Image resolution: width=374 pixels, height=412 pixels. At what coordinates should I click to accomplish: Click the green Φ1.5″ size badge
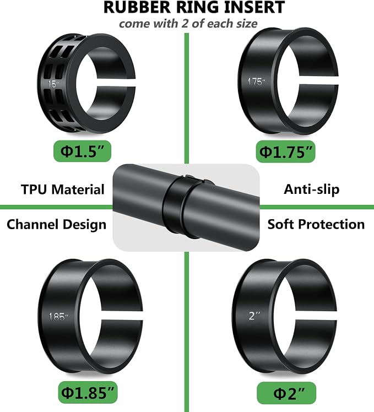point(82,151)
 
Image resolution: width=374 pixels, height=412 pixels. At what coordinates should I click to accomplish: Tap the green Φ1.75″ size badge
point(285,151)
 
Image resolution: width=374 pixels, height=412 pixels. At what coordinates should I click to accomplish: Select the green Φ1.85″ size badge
point(88,392)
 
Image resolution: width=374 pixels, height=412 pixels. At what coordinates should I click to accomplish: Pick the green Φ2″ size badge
point(286,393)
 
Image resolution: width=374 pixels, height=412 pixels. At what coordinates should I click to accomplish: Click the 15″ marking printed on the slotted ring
point(53,84)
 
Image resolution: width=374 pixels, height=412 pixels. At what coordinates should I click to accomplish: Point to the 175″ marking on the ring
point(256,82)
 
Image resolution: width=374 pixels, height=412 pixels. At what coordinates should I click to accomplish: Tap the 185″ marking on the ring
point(58,317)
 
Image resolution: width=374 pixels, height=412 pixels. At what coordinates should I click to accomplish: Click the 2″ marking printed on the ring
point(254,316)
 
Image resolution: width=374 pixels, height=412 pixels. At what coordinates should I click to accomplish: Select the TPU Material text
point(63,189)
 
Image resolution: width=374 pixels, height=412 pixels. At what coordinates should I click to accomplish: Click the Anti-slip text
point(311,189)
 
